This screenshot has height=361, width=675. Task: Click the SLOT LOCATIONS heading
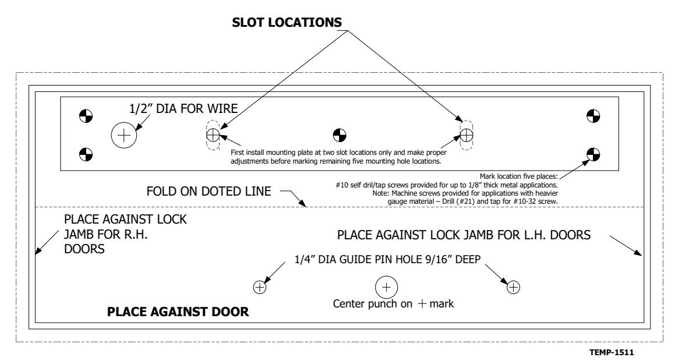coord(287,22)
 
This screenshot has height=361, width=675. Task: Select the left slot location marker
coord(213,136)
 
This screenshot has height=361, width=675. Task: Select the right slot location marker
coord(467,136)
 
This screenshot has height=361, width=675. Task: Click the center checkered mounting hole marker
coord(340,136)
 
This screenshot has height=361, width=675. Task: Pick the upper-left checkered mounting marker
coord(86,116)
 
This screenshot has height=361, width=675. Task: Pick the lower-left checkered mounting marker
coord(86,154)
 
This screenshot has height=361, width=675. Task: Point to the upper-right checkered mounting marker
coord(593,116)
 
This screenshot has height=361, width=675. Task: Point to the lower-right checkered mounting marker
coord(593,154)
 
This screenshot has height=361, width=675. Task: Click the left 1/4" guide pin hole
coord(260,287)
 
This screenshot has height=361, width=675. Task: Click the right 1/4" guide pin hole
coord(513,287)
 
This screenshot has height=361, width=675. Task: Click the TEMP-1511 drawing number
coord(612,352)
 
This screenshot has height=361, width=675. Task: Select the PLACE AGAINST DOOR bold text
coord(178,312)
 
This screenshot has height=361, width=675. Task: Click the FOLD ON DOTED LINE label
coord(208,191)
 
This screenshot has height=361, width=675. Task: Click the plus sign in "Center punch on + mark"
coord(422,304)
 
